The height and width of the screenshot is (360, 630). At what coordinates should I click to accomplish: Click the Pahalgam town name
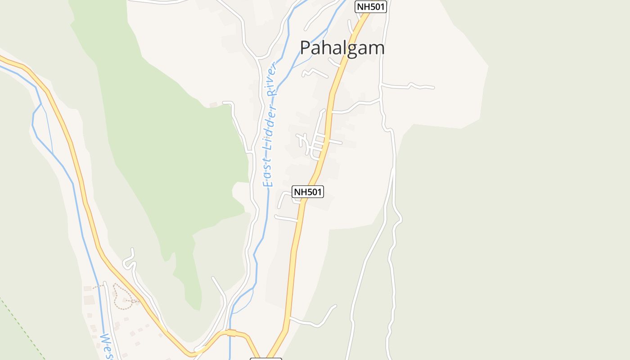tap(342, 48)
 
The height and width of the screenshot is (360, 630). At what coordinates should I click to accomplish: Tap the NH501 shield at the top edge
tap(371, 7)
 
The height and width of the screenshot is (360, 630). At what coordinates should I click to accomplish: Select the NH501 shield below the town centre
tap(308, 192)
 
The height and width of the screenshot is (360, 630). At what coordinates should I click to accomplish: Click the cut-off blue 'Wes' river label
tap(107, 346)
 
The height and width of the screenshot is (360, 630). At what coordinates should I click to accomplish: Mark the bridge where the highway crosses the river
tap(231, 333)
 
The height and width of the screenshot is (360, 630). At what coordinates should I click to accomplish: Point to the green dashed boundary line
tap(22, 328)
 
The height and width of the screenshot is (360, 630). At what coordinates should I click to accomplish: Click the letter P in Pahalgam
tap(306, 48)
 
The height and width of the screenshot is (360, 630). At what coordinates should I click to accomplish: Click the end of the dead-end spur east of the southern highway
tap(335, 306)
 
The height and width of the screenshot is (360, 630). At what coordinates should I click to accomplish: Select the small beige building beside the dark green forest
tap(213, 105)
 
